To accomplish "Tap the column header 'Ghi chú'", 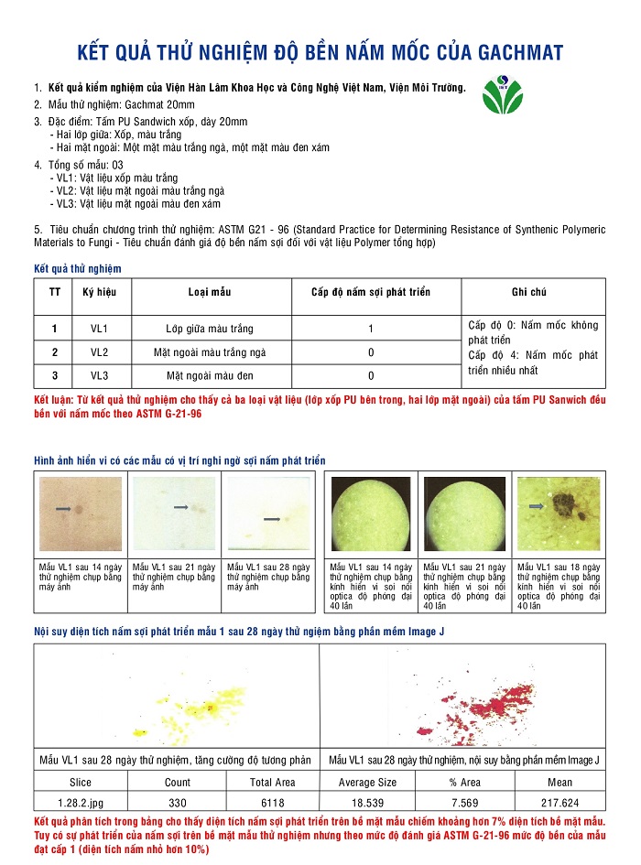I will (528, 292).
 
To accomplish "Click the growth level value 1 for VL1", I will (370, 329).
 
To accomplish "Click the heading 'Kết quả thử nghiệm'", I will (77, 268).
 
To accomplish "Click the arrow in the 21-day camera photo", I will (180, 506).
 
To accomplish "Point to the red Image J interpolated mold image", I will (462, 697).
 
